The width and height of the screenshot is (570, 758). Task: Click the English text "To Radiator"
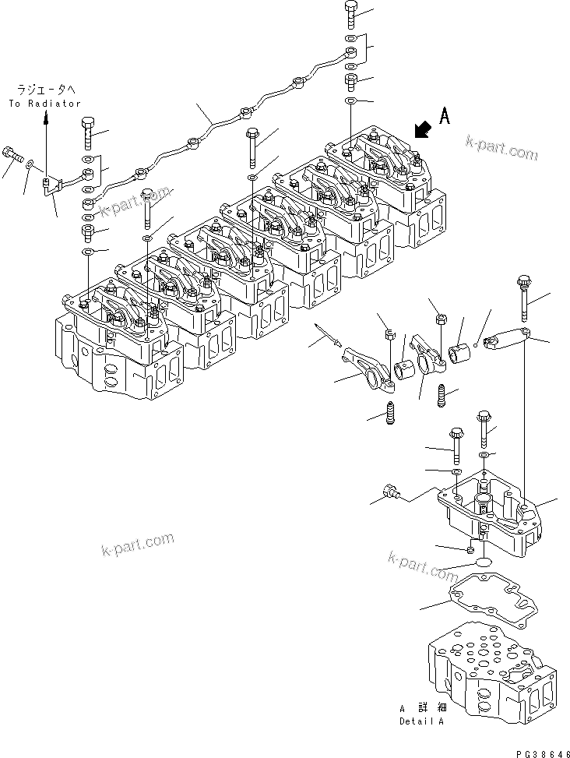pyautogui.click(x=44, y=103)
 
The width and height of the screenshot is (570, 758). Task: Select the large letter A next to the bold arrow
pyautogui.click(x=445, y=117)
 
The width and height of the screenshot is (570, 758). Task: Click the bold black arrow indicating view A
pyautogui.click(x=422, y=129)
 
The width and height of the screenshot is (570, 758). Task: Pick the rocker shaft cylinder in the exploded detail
pyautogui.click(x=505, y=340)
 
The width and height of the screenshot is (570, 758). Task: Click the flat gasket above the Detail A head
pyautogui.click(x=484, y=600)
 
